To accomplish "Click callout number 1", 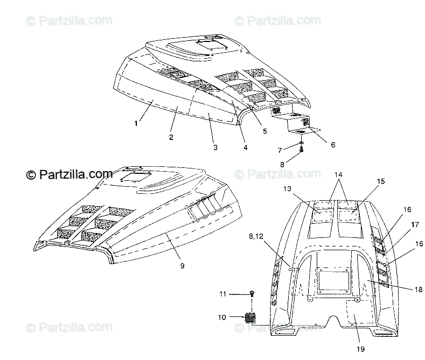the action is pos(136,123).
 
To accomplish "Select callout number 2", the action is pos(171,137).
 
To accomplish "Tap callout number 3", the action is pos(214,147).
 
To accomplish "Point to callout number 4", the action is pos(246,147).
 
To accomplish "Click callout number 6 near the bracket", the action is pos(333,145).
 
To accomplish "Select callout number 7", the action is pos(280,149).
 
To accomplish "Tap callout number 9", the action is pos(182,265).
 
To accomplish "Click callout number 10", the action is pos(222,317).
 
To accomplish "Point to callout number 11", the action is pos(222,294).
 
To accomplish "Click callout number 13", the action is pos(287,189).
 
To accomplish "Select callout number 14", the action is pos(338,174).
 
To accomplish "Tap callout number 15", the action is pos(381,181).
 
